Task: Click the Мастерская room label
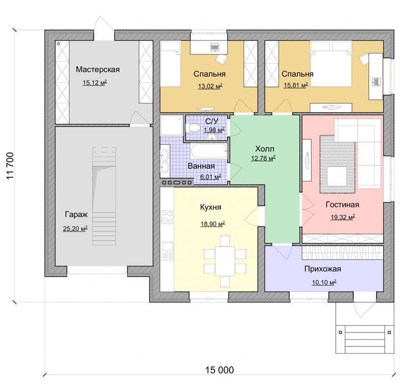pos(98,69)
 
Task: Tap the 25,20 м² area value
pos(75,228)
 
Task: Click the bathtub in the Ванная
pos(209,151)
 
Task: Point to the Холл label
pos(265,149)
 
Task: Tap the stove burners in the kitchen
pos(167,216)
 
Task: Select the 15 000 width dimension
pos(219,370)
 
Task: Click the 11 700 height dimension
pos(11,166)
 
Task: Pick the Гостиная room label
pos(342,204)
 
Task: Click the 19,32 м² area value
pos(343,217)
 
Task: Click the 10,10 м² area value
pos(324,283)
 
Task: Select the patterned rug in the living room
pos(338,164)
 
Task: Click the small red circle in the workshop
pos(59,44)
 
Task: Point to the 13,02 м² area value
pos(210,86)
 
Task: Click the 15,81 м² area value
pos(295,85)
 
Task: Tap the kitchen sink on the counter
pos(167,248)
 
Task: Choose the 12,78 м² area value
pos(263,158)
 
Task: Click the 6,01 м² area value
pos(211,177)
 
